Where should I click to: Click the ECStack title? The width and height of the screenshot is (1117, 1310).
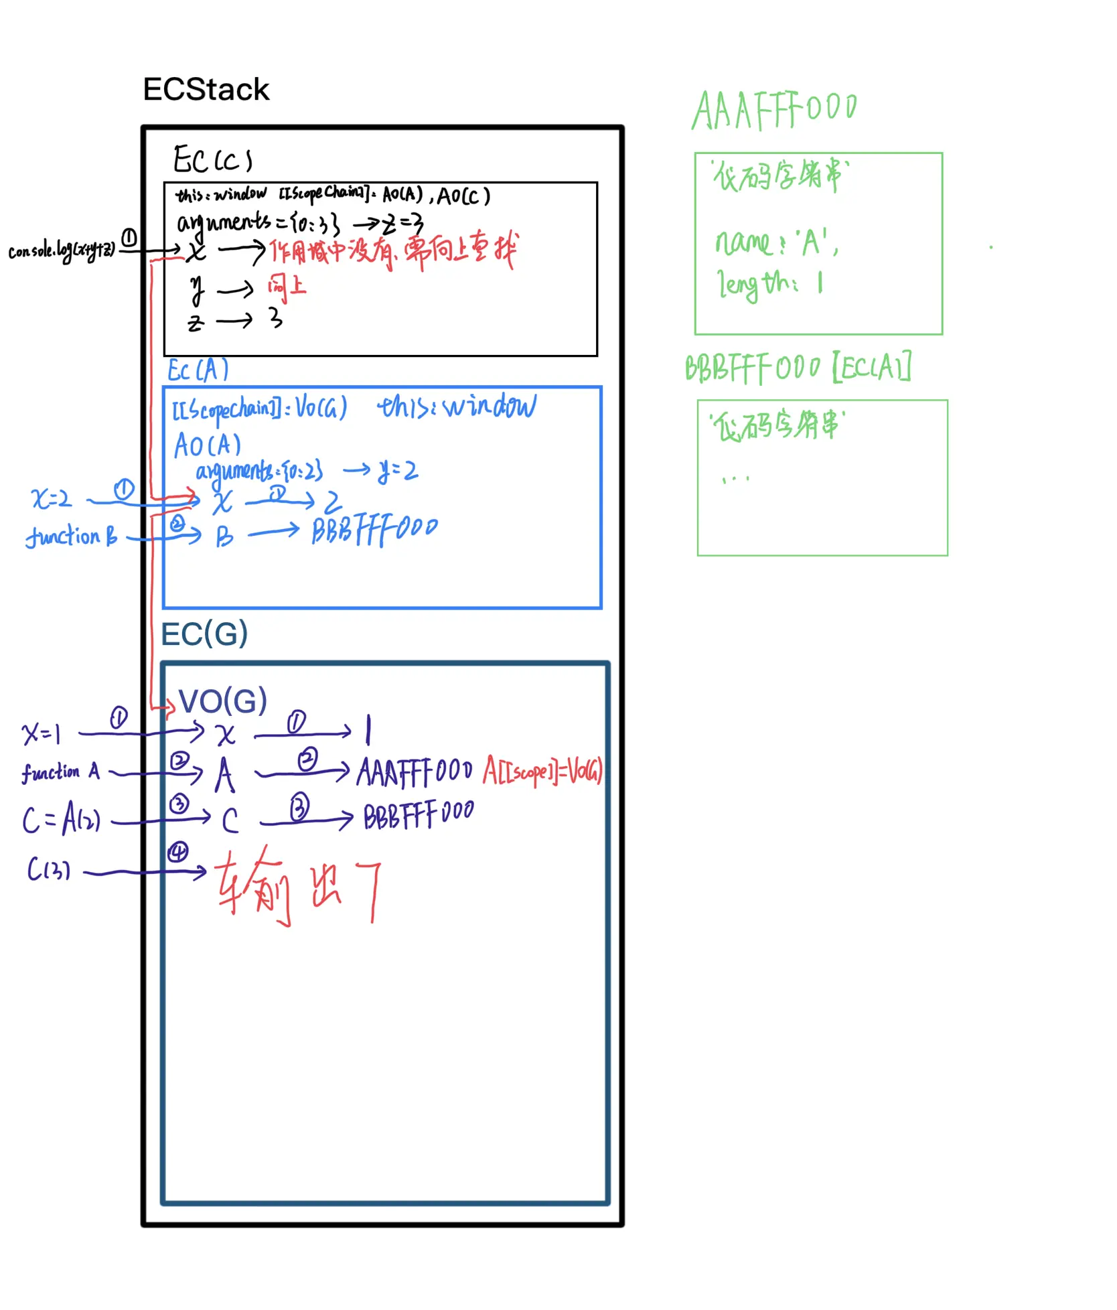click(x=206, y=90)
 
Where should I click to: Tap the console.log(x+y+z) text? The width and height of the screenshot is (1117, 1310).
click(x=62, y=250)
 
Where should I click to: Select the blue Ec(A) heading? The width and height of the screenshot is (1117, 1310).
click(x=198, y=370)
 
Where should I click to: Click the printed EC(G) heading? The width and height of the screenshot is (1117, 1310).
click(x=204, y=634)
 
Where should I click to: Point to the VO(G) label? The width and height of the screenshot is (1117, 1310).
click(x=223, y=701)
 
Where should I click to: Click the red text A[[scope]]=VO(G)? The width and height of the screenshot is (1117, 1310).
click(x=542, y=770)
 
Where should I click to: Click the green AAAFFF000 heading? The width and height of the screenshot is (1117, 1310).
click(x=774, y=110)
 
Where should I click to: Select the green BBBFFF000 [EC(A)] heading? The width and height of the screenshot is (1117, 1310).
click(x=797, y=368)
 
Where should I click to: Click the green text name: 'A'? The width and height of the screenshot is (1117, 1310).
click(x=776, y=242)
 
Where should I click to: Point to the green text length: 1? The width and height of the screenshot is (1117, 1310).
click(x=769, y=285)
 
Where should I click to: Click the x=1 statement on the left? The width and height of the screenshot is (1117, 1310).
click(x=42, y=733)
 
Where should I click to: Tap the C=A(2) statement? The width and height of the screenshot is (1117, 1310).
click(x=61, y=819)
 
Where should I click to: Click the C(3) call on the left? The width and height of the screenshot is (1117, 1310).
click(x=48, y=870)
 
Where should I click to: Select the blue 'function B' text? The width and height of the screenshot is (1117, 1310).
click(x=71, y=536)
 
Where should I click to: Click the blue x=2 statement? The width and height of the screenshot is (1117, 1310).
click(x=51, y=498)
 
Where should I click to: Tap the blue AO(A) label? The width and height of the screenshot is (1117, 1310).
click(x=207, y=445)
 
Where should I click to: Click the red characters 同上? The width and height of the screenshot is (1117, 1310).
click(x=287, y=286)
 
